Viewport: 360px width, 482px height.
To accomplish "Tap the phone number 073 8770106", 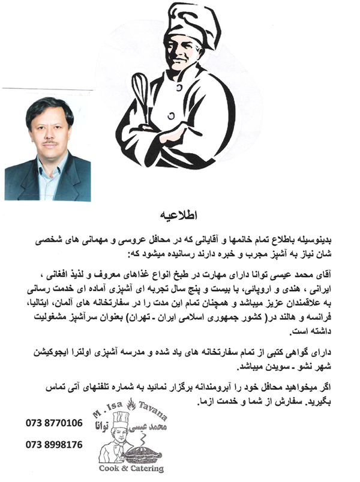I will point(54,423).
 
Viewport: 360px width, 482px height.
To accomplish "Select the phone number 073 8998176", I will point(54,445).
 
